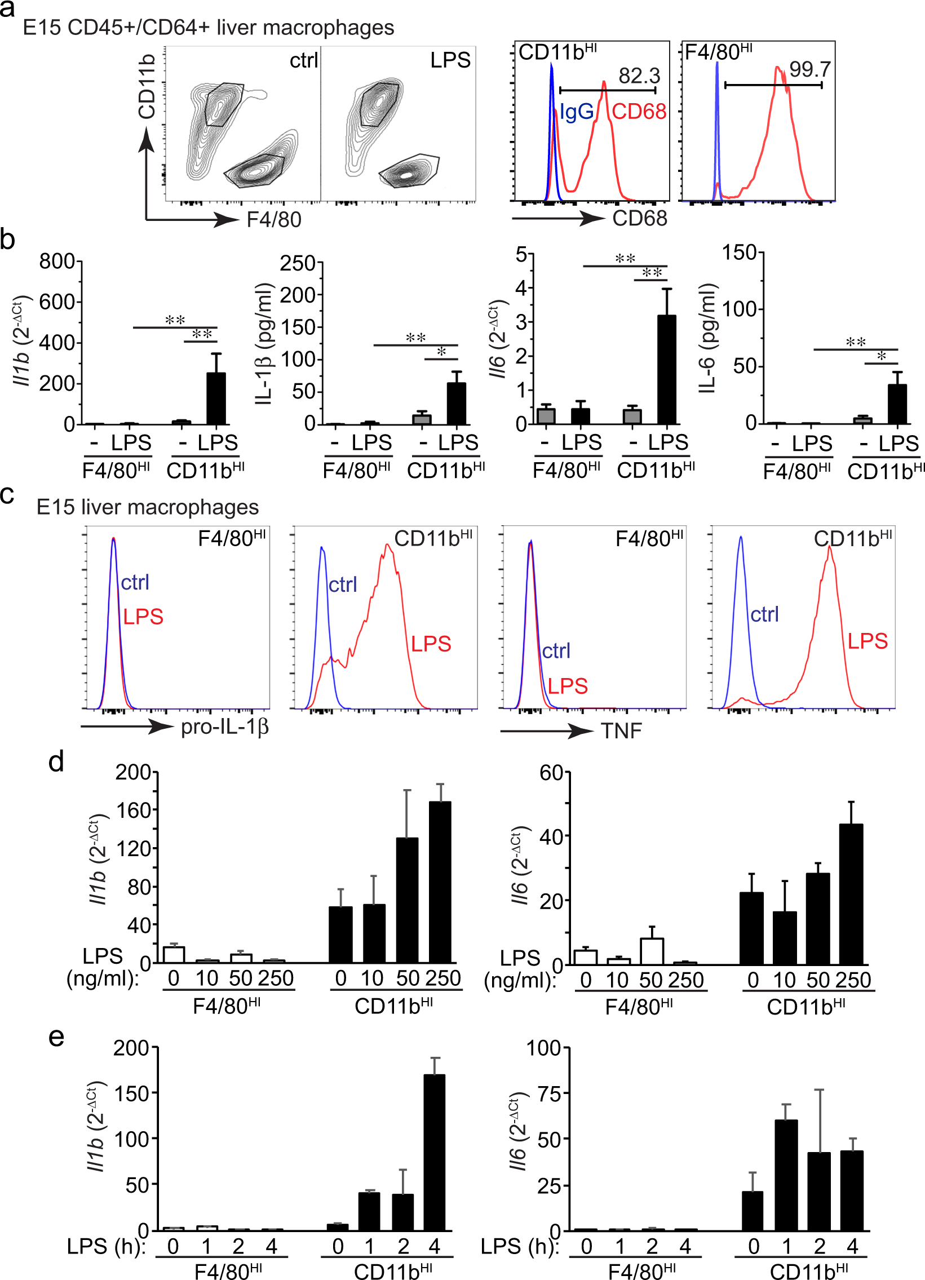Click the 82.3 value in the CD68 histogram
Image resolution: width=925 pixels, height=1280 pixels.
pyautogui.click(x=639, y=76)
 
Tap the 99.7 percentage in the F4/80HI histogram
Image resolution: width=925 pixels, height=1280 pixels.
pyautogui.click(x=809, y=69)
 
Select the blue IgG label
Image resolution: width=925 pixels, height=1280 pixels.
pyautogui.click(x=576, y=112)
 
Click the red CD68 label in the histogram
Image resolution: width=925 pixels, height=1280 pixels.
pyautogui.click(x=639, y=112)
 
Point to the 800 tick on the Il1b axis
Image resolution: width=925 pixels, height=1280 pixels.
pyautogui.click(x=57, y=262)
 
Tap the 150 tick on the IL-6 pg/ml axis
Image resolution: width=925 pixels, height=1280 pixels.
pyautogui.click(x=739, y=253)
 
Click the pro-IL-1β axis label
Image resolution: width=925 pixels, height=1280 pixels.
pyautogui.click(x=224, y=727)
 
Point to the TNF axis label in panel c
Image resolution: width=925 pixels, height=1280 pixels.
pyautogui.click(x=621, y=731)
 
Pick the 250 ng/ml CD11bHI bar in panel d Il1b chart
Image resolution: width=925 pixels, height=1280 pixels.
pyautogui.click(x=440, y=882)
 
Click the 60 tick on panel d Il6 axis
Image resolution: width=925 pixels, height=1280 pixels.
pyautogui.click(x=551, y=773)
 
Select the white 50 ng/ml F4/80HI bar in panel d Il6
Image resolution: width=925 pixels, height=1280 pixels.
pyautogui.click(x=652, y=951)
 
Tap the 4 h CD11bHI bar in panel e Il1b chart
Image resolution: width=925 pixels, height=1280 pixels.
pyautogui.click(x=434, y=1153)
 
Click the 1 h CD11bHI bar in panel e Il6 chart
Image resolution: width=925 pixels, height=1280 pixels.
pyautogui.click(x=786, y=1175)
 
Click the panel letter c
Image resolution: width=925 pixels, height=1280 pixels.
pyautogui.click(x=7, y=494)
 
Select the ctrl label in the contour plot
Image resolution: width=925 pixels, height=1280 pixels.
pyautogui.click(x=304, y=60)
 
